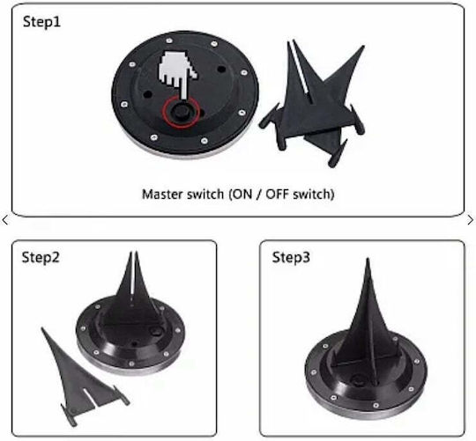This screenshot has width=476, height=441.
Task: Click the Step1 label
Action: [x=41, y=22]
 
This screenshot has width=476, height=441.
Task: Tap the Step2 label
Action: [x=41, y=258]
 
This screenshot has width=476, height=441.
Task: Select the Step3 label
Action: [x=291, y=258]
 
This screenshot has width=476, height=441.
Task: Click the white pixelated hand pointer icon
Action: [x=177, y=75]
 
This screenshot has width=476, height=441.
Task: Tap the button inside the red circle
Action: [x=179, y=112]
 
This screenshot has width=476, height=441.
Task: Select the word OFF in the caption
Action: [x=277, y=194]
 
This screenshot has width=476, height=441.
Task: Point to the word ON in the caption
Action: [x=242, y=194]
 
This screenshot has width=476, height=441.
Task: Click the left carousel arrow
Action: [x=5, y=220]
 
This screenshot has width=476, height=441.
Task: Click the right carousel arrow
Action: [x=470, y=220]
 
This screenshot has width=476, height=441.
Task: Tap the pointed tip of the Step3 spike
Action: [x=368, y=259]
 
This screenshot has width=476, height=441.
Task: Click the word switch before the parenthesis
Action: [x=205, y=194]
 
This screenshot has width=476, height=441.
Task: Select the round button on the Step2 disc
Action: [x=156, y=331]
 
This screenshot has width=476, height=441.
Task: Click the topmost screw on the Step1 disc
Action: [x=168, y=40]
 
